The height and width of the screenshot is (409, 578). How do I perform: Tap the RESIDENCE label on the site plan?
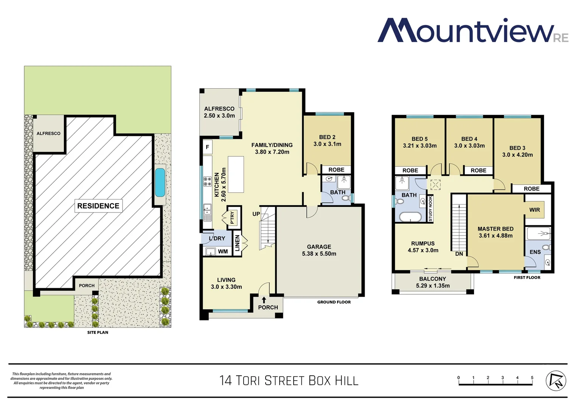(98, 206)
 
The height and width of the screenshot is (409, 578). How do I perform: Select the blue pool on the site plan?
(160, 182)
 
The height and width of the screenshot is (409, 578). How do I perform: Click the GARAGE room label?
(319, 247)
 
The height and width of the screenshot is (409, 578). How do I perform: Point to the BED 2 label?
(327, 137)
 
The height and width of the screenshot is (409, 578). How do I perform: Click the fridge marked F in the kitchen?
(207, 147)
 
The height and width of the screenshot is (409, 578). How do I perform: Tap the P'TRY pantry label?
(232, 217)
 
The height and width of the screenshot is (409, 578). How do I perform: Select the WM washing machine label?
(223, 251)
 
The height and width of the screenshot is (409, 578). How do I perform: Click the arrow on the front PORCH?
(264, 300)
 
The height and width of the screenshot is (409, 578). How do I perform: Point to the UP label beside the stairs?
(256, 214)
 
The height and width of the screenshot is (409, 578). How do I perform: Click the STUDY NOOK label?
(430, 209)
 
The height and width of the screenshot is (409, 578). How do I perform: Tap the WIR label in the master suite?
(534, 210)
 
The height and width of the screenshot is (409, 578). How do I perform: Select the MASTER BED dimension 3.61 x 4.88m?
(496, 236)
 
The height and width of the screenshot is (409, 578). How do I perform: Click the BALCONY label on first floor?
(432, 279)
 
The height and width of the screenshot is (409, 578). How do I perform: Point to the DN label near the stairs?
(459, 254)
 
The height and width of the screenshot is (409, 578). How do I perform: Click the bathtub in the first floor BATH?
(410, 217)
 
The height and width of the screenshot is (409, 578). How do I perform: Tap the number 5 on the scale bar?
(532, 378)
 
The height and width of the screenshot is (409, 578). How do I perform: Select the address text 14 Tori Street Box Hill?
(289, 381)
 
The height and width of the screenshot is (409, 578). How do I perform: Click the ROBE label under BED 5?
(410, 170)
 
